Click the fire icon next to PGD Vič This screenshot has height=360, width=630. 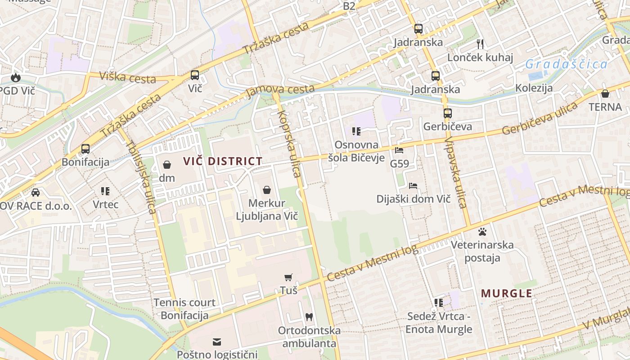click(16, 77)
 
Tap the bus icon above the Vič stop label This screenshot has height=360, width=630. click(195, 75)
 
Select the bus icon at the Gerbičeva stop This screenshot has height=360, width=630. click(447, 113)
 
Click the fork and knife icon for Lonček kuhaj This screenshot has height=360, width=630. click(480, 44)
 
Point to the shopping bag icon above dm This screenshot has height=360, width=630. click(167, 165)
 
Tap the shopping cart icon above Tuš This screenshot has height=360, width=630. click(288, 277)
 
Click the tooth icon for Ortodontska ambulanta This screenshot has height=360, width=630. click(309, 317)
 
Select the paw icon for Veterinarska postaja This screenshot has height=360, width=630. click(482, 232)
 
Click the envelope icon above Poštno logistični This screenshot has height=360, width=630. click(217, 342)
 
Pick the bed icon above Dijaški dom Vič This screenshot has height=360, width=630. click(413, 185)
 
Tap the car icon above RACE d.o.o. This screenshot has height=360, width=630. click(36, 193)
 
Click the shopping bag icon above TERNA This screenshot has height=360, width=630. click(605, 94)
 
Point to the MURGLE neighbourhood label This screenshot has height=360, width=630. click(507, 293)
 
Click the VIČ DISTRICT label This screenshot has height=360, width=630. click(223, 161)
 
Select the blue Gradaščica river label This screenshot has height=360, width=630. click(567, 64)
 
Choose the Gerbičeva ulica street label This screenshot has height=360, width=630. click(540, 119)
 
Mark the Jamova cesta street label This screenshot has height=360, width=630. click(280, 90)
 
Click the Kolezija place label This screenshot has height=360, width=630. click(534, 88)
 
